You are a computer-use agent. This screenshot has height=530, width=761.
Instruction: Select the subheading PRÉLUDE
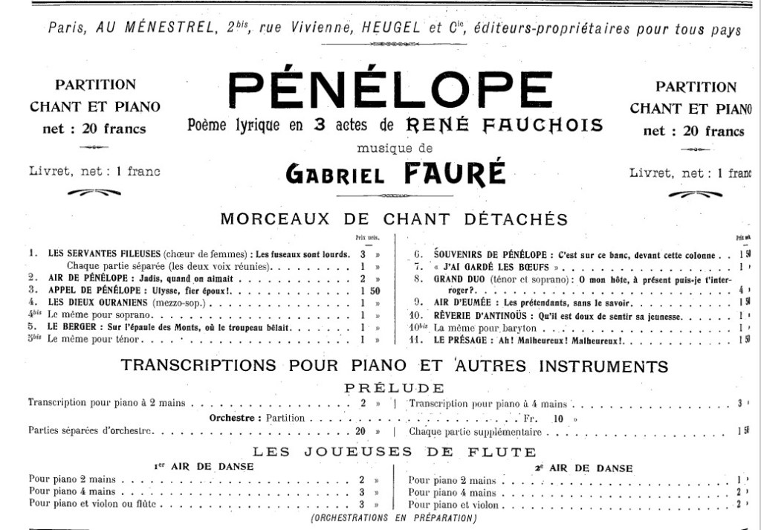[394, 388]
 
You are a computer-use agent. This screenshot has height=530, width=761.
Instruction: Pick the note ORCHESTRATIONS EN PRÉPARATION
[394, 517]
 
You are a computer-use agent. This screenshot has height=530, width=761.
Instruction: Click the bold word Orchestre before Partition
[233, 418]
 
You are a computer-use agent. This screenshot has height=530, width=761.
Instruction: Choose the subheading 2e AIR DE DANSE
[584, 468]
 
